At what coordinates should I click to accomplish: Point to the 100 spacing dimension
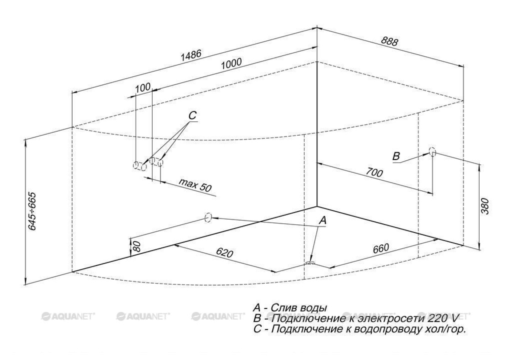tap(143, 88)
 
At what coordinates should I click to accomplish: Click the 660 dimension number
tap(380, 248)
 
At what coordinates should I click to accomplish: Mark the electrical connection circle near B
tap(433, 152)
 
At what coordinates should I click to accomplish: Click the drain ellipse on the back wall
tap(208, 217)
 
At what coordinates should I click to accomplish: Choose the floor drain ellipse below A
tap(310, 263)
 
